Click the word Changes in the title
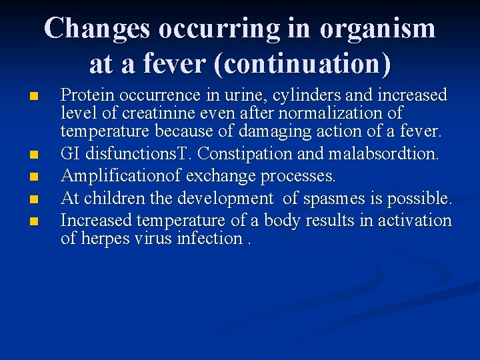pos(99,29)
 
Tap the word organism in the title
pos(377,29)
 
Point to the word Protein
pos(85,95)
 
